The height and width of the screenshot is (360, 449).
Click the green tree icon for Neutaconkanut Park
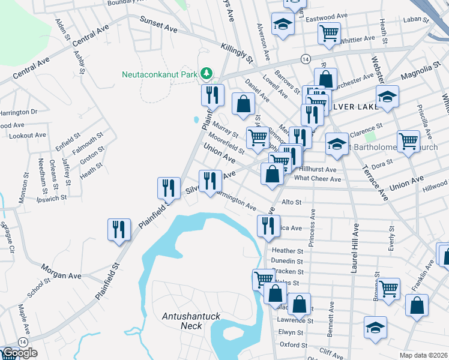click(x=206, y=73)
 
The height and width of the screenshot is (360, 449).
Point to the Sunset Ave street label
click(x=159, y=24)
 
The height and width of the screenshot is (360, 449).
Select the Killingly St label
click(x=237, y=52)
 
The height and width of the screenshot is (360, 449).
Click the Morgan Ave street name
click(x=61, y=271)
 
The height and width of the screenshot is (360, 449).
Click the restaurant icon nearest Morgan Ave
click(x=119, y=229)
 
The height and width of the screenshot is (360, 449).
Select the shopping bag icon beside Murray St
click(x=243, y=103)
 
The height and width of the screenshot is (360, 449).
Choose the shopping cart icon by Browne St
click(x=388, y=288)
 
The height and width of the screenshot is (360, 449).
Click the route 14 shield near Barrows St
click(x=305, y=59)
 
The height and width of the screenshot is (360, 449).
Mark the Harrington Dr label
click(x=18, y=112)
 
